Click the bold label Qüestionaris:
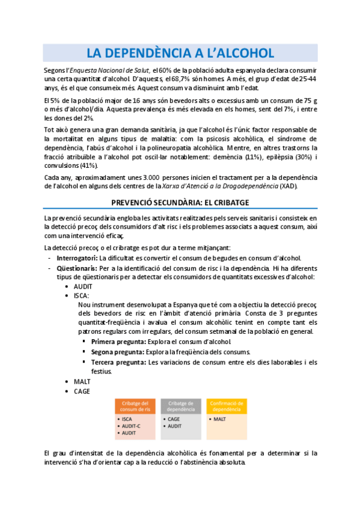coord(78,267)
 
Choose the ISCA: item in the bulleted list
coord(82,295)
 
